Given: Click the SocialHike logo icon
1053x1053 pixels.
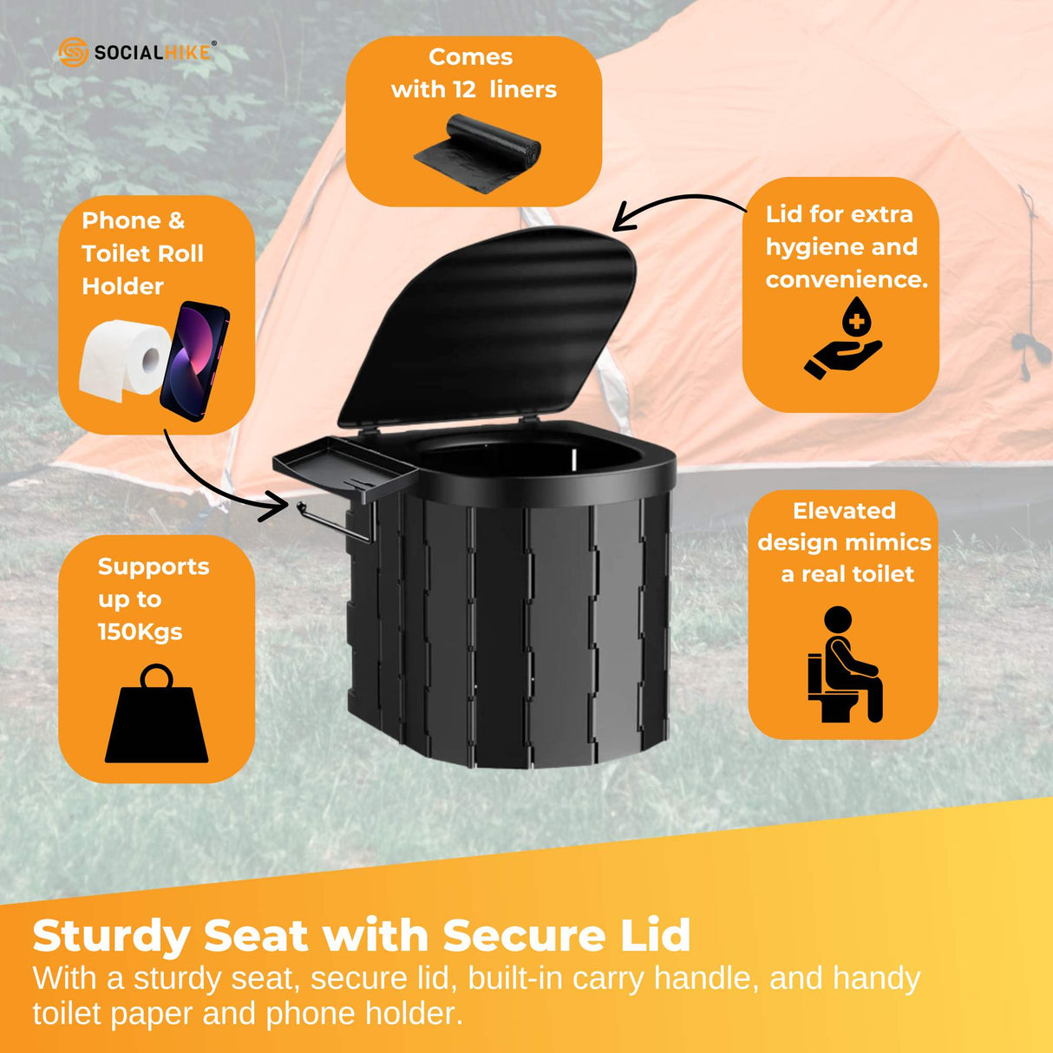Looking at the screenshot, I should coord(73,52).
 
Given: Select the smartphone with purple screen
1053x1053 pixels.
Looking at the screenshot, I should coord(195,360).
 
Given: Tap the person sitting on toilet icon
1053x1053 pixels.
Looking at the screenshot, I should coord(845,665).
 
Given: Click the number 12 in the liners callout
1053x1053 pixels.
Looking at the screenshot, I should coord(464,89).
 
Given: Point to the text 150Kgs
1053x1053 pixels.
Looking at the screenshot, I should coord(140,631).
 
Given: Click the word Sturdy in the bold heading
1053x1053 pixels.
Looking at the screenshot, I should coord(111,936).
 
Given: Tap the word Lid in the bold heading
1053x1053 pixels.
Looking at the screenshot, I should coord(657,936).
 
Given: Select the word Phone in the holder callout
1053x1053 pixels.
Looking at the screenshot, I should coord(121,220).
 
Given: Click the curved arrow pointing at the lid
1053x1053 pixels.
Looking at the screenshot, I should coord(681,206).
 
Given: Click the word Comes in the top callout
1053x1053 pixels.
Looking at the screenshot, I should coord(471,57).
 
